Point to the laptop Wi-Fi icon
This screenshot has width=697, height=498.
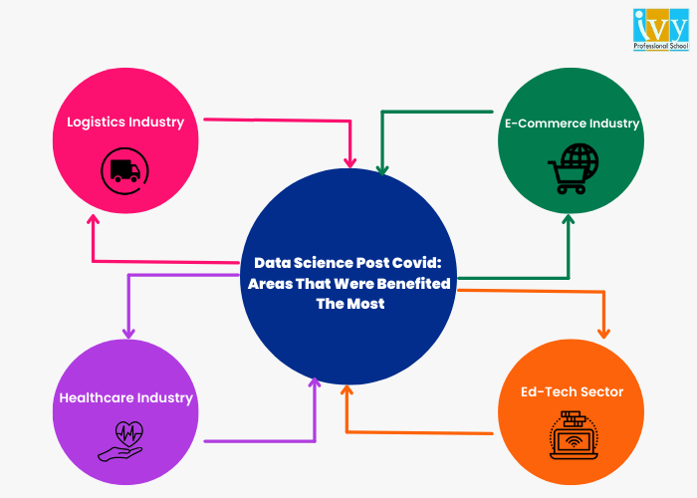coord(572,433)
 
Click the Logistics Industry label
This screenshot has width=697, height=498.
coord(125,123)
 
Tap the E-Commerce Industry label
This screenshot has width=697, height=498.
coord(570,124)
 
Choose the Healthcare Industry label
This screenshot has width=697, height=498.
coord(125,397)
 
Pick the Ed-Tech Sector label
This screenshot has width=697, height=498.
coord(572,391)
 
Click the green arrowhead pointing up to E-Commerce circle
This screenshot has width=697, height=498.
coord(569,218)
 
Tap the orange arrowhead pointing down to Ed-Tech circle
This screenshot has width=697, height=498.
coord(602,332)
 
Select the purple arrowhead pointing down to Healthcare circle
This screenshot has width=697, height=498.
coord(127,332)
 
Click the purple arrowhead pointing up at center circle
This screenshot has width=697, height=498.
coord(315,381)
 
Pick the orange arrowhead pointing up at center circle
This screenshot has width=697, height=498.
coord(347,390)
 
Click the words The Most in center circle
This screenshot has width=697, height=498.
coord(349,304)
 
